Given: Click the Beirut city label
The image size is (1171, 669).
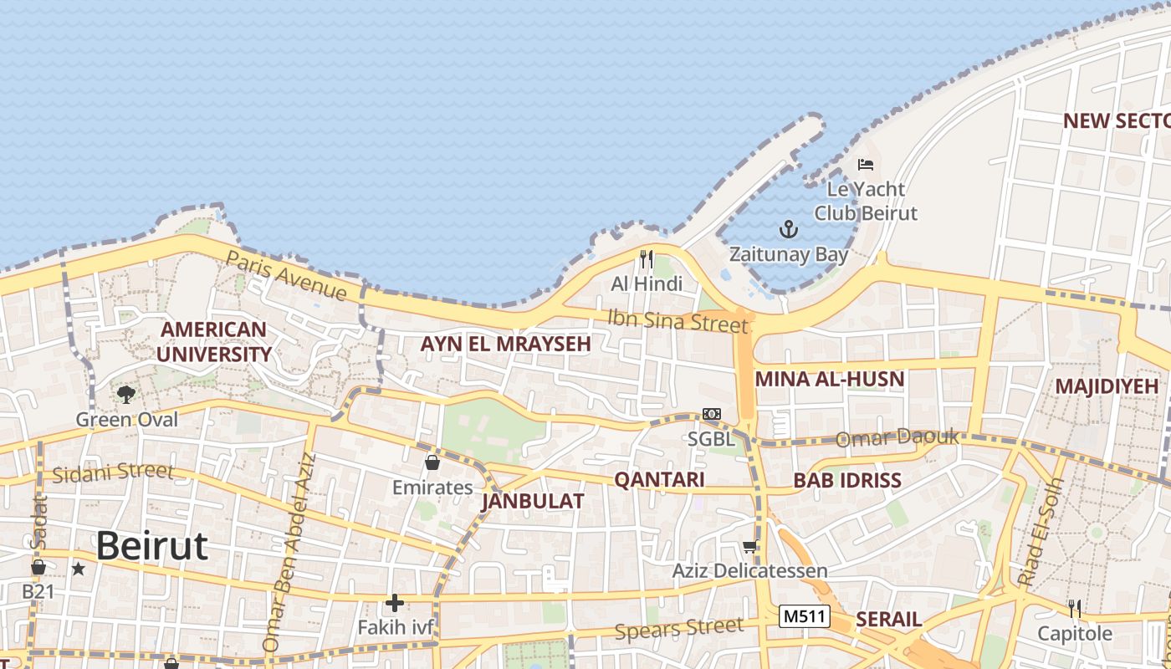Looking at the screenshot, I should tap(151, 546).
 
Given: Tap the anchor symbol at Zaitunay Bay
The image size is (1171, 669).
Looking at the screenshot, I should tap(788, 228).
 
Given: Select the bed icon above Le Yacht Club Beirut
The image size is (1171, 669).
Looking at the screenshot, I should tap(866, 165).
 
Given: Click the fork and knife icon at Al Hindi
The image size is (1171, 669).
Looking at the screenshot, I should tap(646, 259).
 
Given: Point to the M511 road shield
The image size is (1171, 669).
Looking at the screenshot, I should tap(804, 617).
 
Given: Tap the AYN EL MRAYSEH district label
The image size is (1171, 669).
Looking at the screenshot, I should tap(505, 344).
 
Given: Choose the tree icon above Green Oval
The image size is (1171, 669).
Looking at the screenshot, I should tap(126, 393).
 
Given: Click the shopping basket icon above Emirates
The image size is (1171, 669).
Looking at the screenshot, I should tap(432, 462).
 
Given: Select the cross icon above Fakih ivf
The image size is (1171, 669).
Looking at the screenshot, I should tap(394, 602).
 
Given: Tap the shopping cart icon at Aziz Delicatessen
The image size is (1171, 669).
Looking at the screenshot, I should tap(750, 547).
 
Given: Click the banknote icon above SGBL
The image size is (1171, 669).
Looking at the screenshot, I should tap(712, 414).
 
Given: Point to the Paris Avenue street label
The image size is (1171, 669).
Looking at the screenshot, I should tap(286, 274).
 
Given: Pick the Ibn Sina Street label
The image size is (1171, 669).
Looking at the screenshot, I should tap(677, 320).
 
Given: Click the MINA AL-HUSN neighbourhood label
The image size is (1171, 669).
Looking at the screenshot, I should tap(829, 380).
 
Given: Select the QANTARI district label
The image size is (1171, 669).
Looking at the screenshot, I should tap(659, 480).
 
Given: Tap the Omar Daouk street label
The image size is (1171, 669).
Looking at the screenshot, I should tap(898, 437).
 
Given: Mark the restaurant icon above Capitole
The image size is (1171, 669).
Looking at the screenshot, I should tap(1075, 608).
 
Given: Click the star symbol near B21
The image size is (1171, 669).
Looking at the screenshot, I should tap(79, 569).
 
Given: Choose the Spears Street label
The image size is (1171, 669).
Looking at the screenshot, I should tap(678, 628).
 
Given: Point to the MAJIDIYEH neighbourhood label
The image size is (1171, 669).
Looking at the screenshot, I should tap(1106, 386).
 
